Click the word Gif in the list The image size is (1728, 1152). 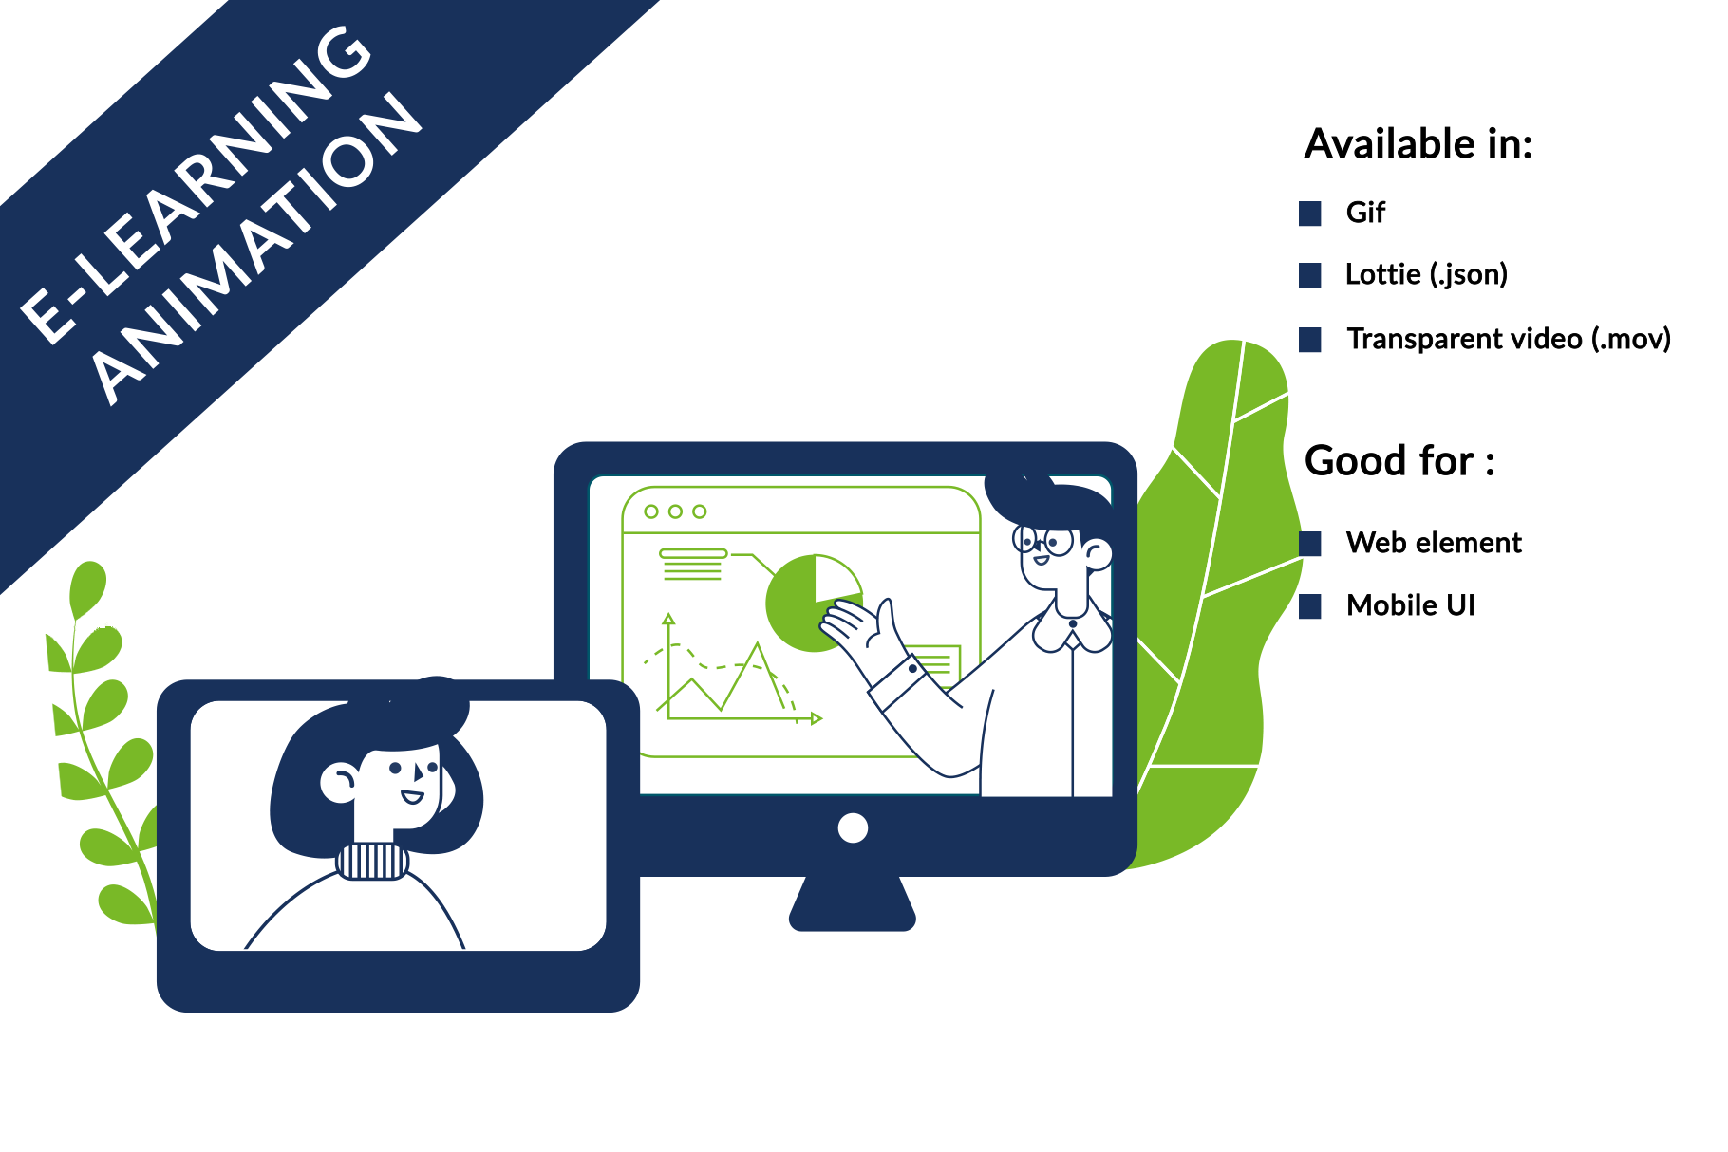point(1365,213)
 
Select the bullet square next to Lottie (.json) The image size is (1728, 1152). point(1310,275)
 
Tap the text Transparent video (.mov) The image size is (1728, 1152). point(1509,339)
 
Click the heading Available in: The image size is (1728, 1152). point(1418,144)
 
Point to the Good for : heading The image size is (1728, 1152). point(1400,461)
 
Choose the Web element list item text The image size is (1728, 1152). point(1434,543)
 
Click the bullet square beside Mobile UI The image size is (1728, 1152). point(1310,606)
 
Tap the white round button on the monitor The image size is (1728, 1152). point(853,827)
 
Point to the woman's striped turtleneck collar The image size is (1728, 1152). point(372,862)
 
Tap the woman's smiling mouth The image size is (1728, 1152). point(412,796)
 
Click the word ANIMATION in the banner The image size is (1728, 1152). point(256,249)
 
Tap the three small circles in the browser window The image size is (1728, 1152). point(675,511)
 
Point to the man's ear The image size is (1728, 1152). point(1098,554)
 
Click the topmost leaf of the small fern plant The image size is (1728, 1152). point(87,588)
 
